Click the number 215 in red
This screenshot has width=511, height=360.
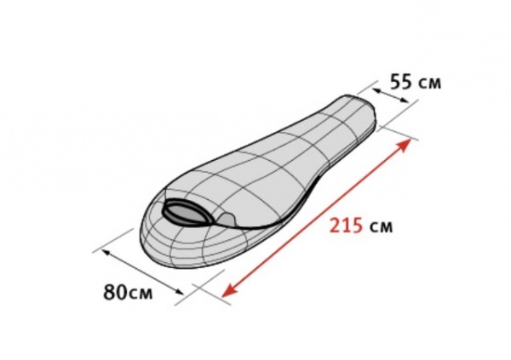tap(346, 226)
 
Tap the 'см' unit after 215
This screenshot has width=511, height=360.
tap(381, 227)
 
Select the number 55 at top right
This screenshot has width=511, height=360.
tap(401, 82)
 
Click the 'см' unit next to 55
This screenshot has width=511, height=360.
tap(429, 84)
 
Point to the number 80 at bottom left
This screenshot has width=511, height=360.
tap(115, 292)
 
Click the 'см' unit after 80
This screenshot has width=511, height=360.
tap(141, 294)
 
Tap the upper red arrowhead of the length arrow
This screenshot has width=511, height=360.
tap(403, 146)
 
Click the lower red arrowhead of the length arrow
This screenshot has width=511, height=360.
tap(229, 290)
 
